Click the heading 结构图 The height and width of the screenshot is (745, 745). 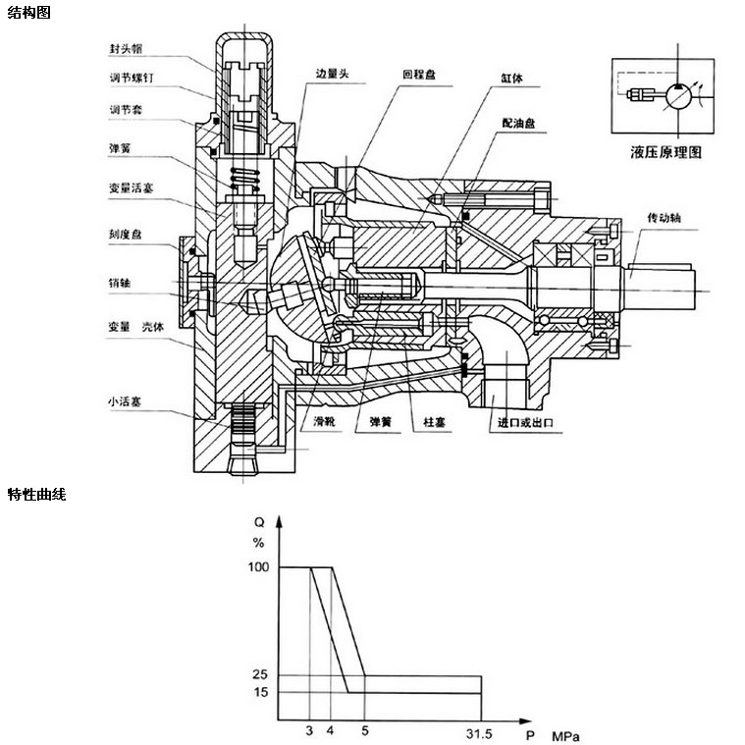point(28,13)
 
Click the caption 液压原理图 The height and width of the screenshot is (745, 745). point(667,153)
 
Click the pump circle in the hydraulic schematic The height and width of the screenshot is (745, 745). point(676,96)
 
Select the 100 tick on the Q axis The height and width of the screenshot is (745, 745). point(258,567)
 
